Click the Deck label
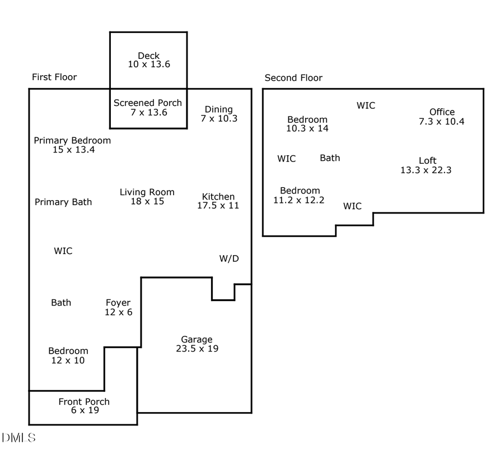coord(148,55)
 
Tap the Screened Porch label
coord(148,103)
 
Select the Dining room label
coord(218,109)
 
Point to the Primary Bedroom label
coord(72,140)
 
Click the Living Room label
coord(147,192)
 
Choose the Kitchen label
coord(218,196)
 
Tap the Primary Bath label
coord(63,202)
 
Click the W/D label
coord(228,258)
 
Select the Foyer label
coord(118,303)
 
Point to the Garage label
coord(197,339)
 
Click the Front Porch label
coord(84,401)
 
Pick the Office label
coord(442,112)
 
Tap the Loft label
coord(427,160)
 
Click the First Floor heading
coord(54,77)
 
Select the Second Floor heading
coord(293,78)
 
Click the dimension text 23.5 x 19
coord(197,349)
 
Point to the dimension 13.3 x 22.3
coord(426,170)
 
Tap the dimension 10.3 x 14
coord(307,128)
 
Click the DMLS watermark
coord(18,437)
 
